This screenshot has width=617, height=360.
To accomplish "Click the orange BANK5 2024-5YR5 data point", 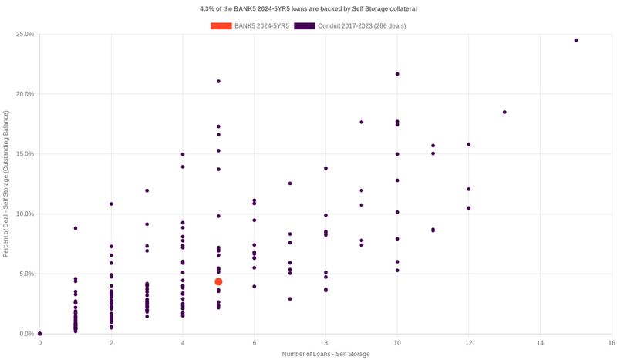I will pyautogui.click(x=218, y=282).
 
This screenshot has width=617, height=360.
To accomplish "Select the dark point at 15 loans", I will pyautogui.click(x=576, y=40).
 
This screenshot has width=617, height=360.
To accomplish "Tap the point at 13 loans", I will pyautogui.click(x=504, y=112).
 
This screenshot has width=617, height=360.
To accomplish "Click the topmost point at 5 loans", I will pyautogui.click(x=218, y=81).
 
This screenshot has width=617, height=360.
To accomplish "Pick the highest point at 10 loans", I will pyautogui.click(x=397, y=74).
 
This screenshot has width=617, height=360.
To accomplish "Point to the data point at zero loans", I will pyautogui.click(x=40, y=334).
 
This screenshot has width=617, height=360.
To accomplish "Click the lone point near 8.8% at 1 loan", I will pyautogui.click(x=76, y=228).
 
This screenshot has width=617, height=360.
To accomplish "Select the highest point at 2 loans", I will pyautogui.click(x=111, y=204).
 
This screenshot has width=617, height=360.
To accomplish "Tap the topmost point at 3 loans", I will pyautogui.click(x=147, y=190).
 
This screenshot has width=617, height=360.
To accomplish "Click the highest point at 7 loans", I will pyautogui.click(x=290, y=183).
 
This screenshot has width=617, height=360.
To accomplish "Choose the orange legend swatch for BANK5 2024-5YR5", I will pyautogui.click(x=221, y=25).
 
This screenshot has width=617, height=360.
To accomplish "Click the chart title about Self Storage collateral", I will pyautogui.click(x=308, y=8).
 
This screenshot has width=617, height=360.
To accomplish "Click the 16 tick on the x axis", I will pyautogui.click(x=612, y=342).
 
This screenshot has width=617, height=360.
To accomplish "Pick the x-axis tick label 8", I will pyautogui.click(x=325, y=342).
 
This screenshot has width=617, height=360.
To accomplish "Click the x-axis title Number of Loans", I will pyautogui.click(x=325, y=354).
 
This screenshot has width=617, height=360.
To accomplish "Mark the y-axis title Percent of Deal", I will pyautogui.click(x=6, y=183).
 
